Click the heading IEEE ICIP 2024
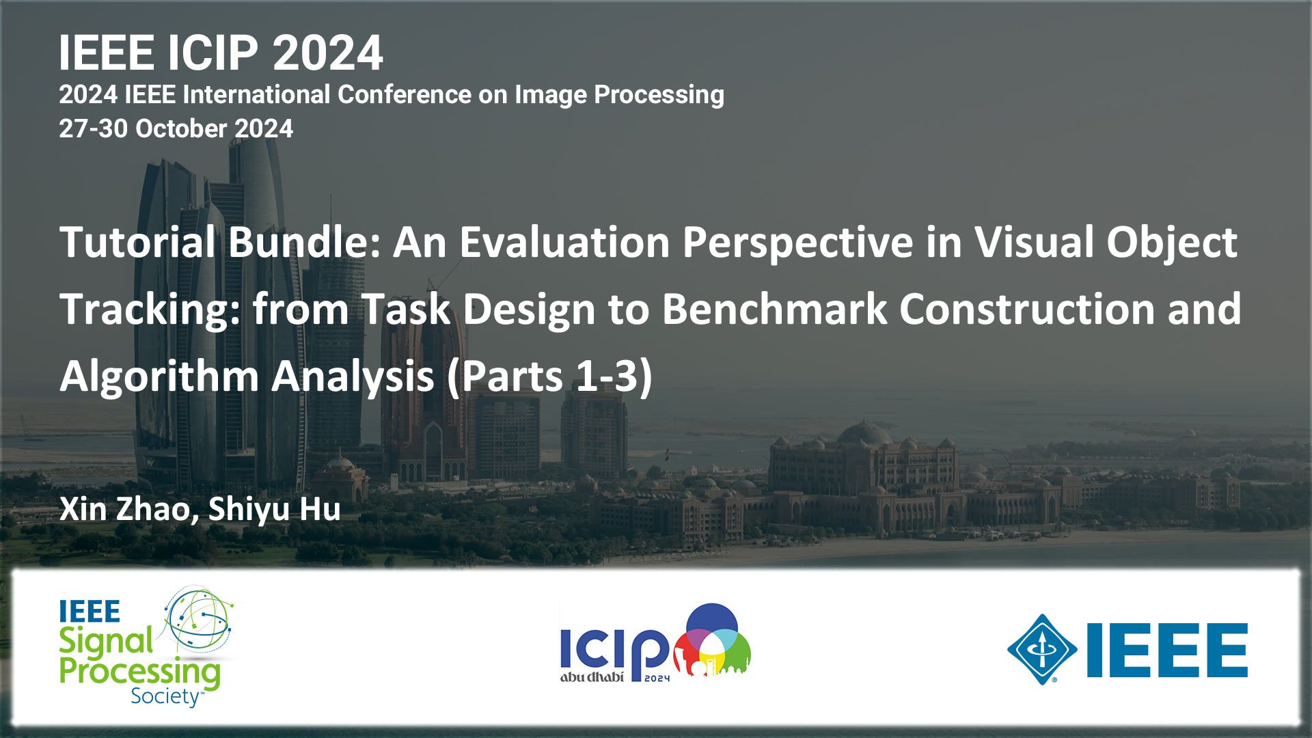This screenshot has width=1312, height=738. (221, 53)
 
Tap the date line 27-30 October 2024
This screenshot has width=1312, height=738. (176, 128)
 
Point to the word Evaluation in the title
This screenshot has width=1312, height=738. (564, 242)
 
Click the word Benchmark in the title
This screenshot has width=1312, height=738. (774, 309)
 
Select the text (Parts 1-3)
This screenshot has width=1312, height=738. (550, 377)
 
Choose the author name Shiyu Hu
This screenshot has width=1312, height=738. (274, 510)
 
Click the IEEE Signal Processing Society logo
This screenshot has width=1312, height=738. (146, 646)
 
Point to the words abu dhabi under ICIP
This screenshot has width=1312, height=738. (592, 678)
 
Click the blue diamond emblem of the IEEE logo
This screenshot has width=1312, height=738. (1042, 650)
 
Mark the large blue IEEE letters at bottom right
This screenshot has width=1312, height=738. (1167, 650)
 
